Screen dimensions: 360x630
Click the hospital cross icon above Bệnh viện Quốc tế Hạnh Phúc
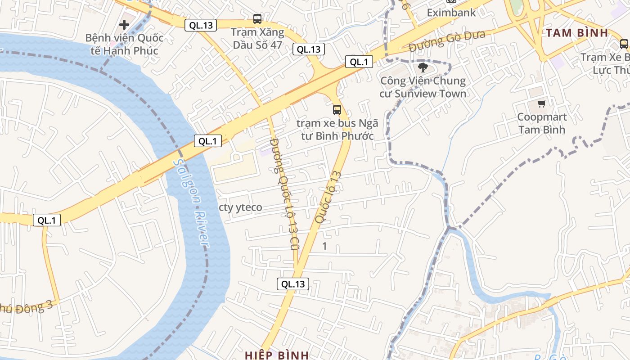tap(124, 24)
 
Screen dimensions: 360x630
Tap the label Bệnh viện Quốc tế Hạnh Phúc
tap(124, 44)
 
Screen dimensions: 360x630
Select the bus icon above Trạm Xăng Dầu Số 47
tap(257, 19)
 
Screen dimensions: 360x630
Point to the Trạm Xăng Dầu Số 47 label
tap(257, 39)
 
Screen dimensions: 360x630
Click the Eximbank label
tap(451, 13)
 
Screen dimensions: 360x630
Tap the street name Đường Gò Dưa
tap(446, 42)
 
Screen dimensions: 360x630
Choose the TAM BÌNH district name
tap(577, 33)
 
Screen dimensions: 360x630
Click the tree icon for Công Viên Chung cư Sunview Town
tap(423, 67)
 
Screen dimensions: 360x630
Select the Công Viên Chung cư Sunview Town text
tap(423, 87)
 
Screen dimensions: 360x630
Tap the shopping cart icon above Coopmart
tap(541, 103)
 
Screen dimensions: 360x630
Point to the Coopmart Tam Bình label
tap(541, 123)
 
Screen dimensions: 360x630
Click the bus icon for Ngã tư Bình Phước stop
tap(337, 109)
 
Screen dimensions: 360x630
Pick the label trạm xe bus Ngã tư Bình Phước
tap(337, 130)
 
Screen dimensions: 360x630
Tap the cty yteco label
tap(240, 207)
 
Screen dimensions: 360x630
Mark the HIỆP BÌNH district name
tap(276, 355)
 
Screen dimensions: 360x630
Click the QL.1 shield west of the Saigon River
tap(47, 220)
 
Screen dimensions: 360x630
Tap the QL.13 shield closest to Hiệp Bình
tap(292, 284)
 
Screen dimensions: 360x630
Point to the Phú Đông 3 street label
tap(27, 308)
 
